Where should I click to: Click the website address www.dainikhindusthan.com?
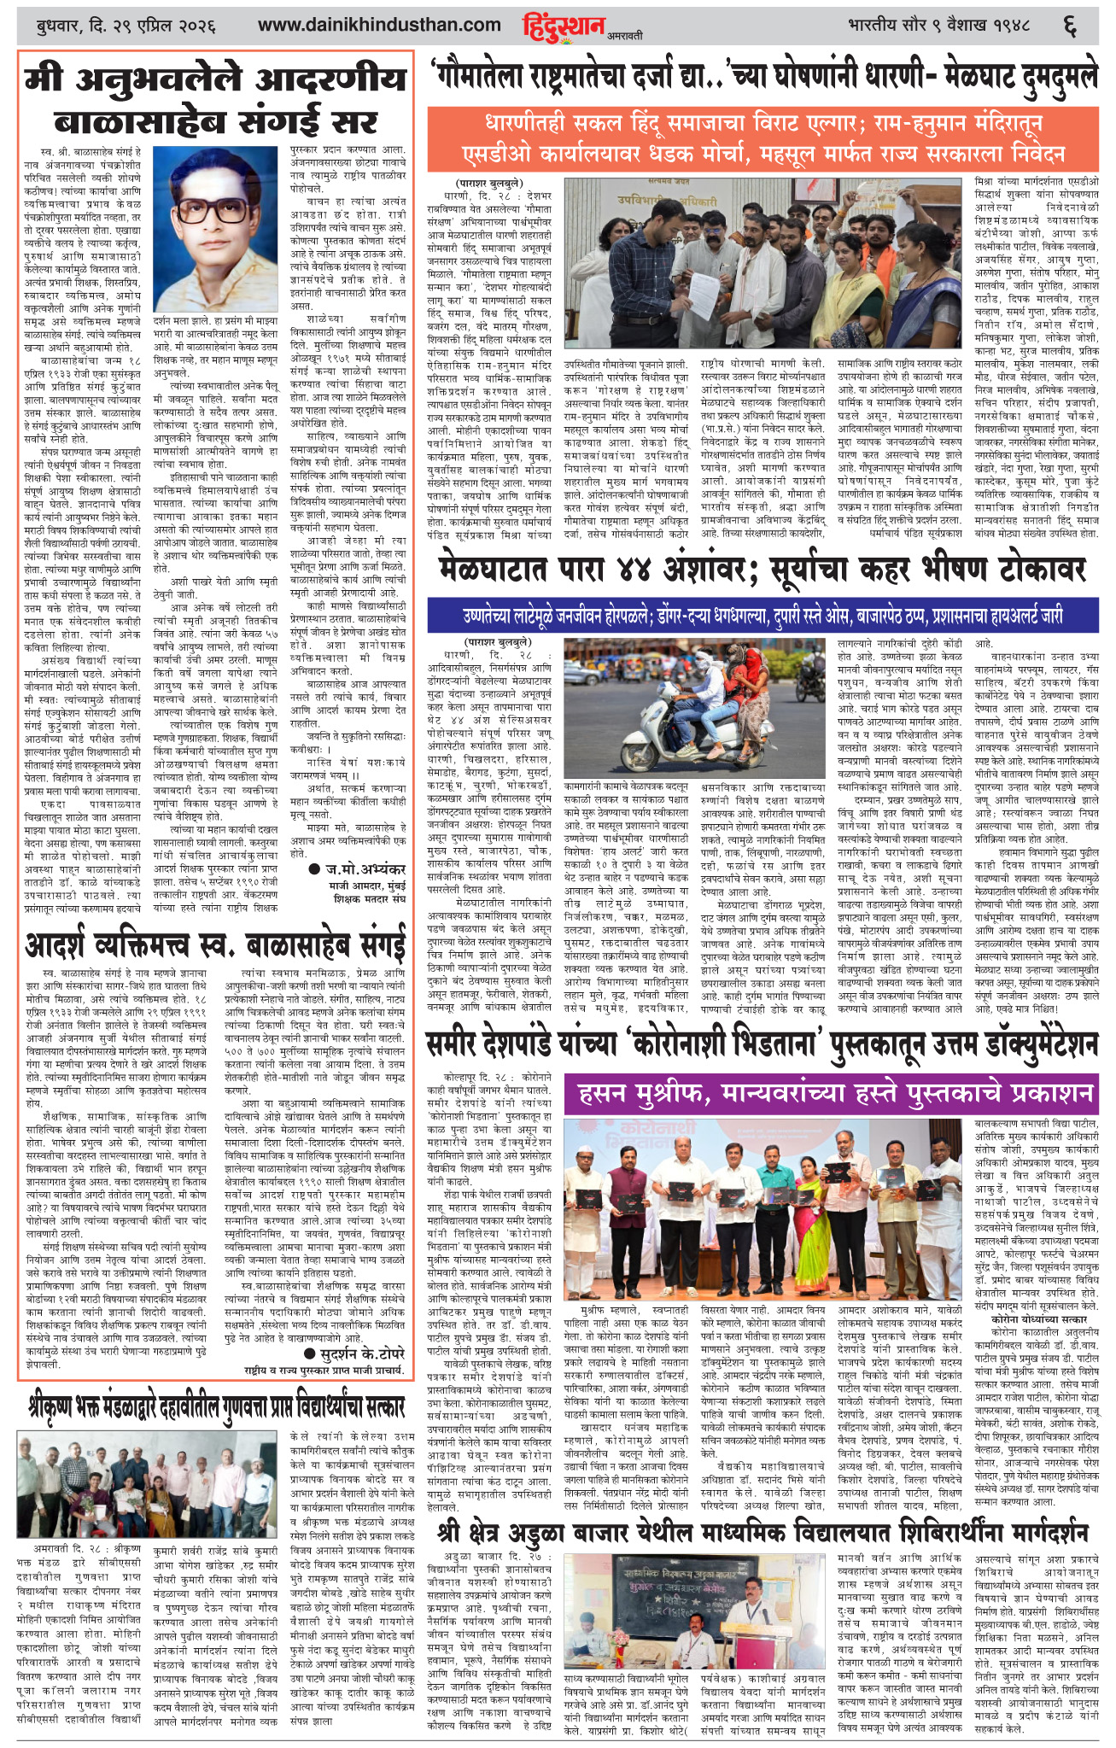click(379, 25)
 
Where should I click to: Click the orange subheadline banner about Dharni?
click(762, 137)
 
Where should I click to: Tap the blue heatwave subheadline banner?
click(762, 615)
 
